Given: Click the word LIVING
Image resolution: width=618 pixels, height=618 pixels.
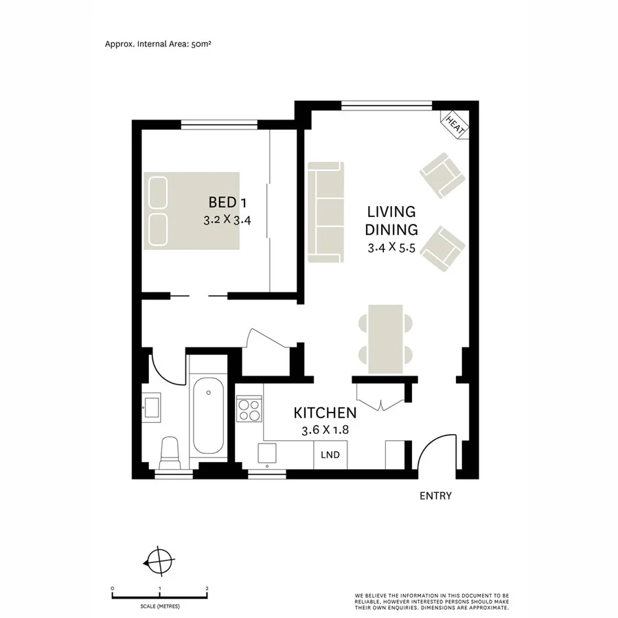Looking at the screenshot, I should click(x=391, y=211).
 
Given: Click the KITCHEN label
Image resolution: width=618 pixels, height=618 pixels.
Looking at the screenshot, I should click(x=325, y=413).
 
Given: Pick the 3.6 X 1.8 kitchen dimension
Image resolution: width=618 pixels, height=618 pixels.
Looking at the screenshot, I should click(x=325, y=431).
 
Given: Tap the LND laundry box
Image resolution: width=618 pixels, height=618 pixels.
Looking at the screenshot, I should click(x=330, y=455).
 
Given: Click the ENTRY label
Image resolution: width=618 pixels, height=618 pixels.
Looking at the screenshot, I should click(x=435, y=496).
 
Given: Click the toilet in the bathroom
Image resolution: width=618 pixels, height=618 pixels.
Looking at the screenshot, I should click(x=168, y=453).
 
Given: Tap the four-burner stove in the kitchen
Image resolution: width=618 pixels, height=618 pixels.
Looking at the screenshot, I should click(x=249, y=410).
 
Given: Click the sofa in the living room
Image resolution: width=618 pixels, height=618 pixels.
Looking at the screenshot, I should click(x=325, y=212).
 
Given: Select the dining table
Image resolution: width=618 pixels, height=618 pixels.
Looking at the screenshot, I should click(x=386, y=339).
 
